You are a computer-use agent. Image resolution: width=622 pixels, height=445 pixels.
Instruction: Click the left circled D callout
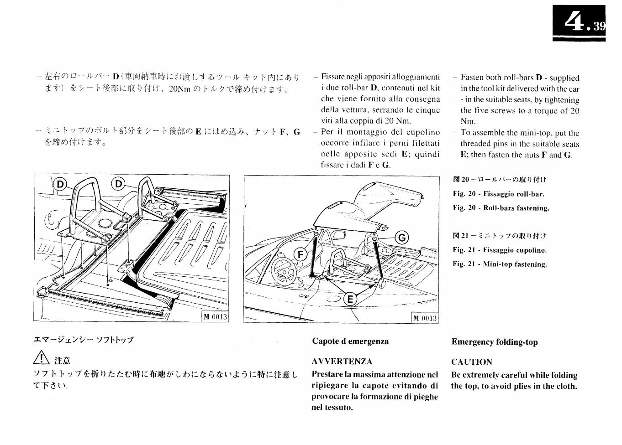pos(60,184)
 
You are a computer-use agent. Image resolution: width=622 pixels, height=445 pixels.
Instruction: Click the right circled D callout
pos(118,184)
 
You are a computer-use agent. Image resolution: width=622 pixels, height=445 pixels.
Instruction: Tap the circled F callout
pos(300,254)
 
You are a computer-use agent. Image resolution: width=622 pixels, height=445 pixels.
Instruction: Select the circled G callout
pos(402,238)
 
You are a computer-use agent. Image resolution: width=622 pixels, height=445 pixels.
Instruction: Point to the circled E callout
pos(350,299)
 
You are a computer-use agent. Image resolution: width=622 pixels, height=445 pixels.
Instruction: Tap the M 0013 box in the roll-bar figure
pos(215,317)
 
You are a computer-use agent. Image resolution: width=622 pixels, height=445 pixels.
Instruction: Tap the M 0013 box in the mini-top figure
pos(425,318)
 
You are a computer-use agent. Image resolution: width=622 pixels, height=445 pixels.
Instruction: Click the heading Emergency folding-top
pos(495,342)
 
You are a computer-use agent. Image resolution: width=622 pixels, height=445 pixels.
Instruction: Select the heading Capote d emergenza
pos(350,341)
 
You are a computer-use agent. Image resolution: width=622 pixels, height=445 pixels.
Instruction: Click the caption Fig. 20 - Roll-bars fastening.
pos(501,208)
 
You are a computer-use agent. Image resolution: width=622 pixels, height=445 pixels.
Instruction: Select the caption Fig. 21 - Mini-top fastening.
pos(500,264)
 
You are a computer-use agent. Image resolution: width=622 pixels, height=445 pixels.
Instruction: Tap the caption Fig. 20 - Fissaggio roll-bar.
pos(498,194)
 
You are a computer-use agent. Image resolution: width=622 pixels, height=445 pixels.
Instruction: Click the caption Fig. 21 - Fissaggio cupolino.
pos(500,250)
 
